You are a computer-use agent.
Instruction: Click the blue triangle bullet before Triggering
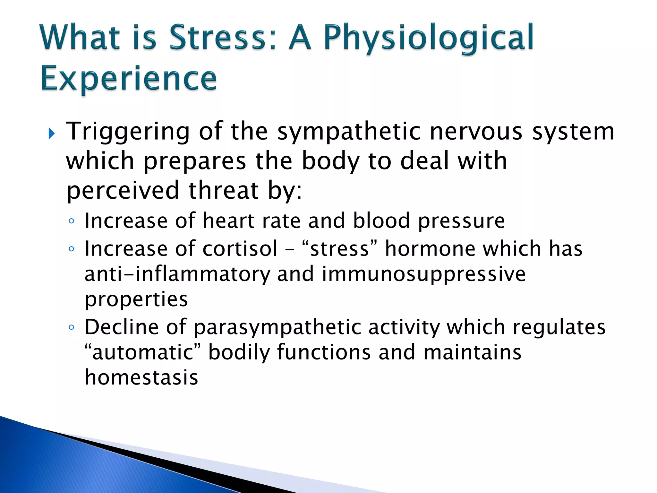(51, 134)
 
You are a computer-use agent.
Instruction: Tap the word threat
(223, 191)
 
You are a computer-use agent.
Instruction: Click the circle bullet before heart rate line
(72, 221)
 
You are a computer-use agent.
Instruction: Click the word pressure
(461, 221)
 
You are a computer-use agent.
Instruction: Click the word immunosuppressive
(423, 275)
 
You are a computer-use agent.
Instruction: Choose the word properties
(136, 300)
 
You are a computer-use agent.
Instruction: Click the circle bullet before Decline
(72, 328)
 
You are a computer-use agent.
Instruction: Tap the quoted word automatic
(142, 352)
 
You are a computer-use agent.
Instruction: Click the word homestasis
(141, 377)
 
